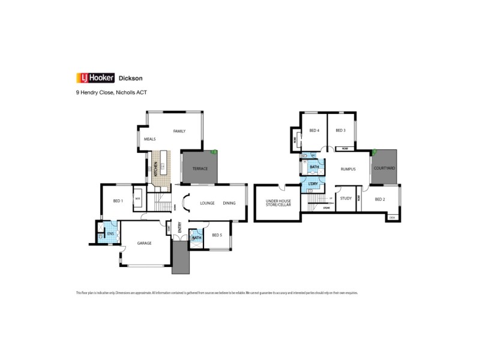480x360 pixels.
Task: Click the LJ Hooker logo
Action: click(x=95, y=77)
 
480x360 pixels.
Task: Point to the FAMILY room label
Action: click(x=179, y=131)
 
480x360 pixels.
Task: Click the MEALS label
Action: click(x=150, y=139)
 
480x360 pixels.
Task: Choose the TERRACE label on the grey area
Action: click(x=200, y=169)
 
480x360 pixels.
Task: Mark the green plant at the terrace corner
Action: click(x=214, y=152)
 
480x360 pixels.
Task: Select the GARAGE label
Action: click(x=144, y=243)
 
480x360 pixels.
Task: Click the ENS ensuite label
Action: click(x=110, y=234)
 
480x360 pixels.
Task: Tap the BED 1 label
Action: click(x=118, y=201)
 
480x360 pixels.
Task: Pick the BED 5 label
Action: click(x=217, y=235)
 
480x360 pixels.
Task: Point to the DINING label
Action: click(x=229, y=203)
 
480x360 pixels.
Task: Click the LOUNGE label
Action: click(x=207, y=203)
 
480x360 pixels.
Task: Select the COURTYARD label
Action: click(x=384, y=169)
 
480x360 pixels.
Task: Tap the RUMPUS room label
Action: click(x=348, y=169)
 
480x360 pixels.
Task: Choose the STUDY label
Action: click(x=346, y=198)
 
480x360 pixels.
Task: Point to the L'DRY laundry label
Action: click(x=313, y=184)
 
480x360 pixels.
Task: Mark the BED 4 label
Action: click(x=314, y=131)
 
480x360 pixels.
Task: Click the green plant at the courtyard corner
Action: click(x=375, y=151)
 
